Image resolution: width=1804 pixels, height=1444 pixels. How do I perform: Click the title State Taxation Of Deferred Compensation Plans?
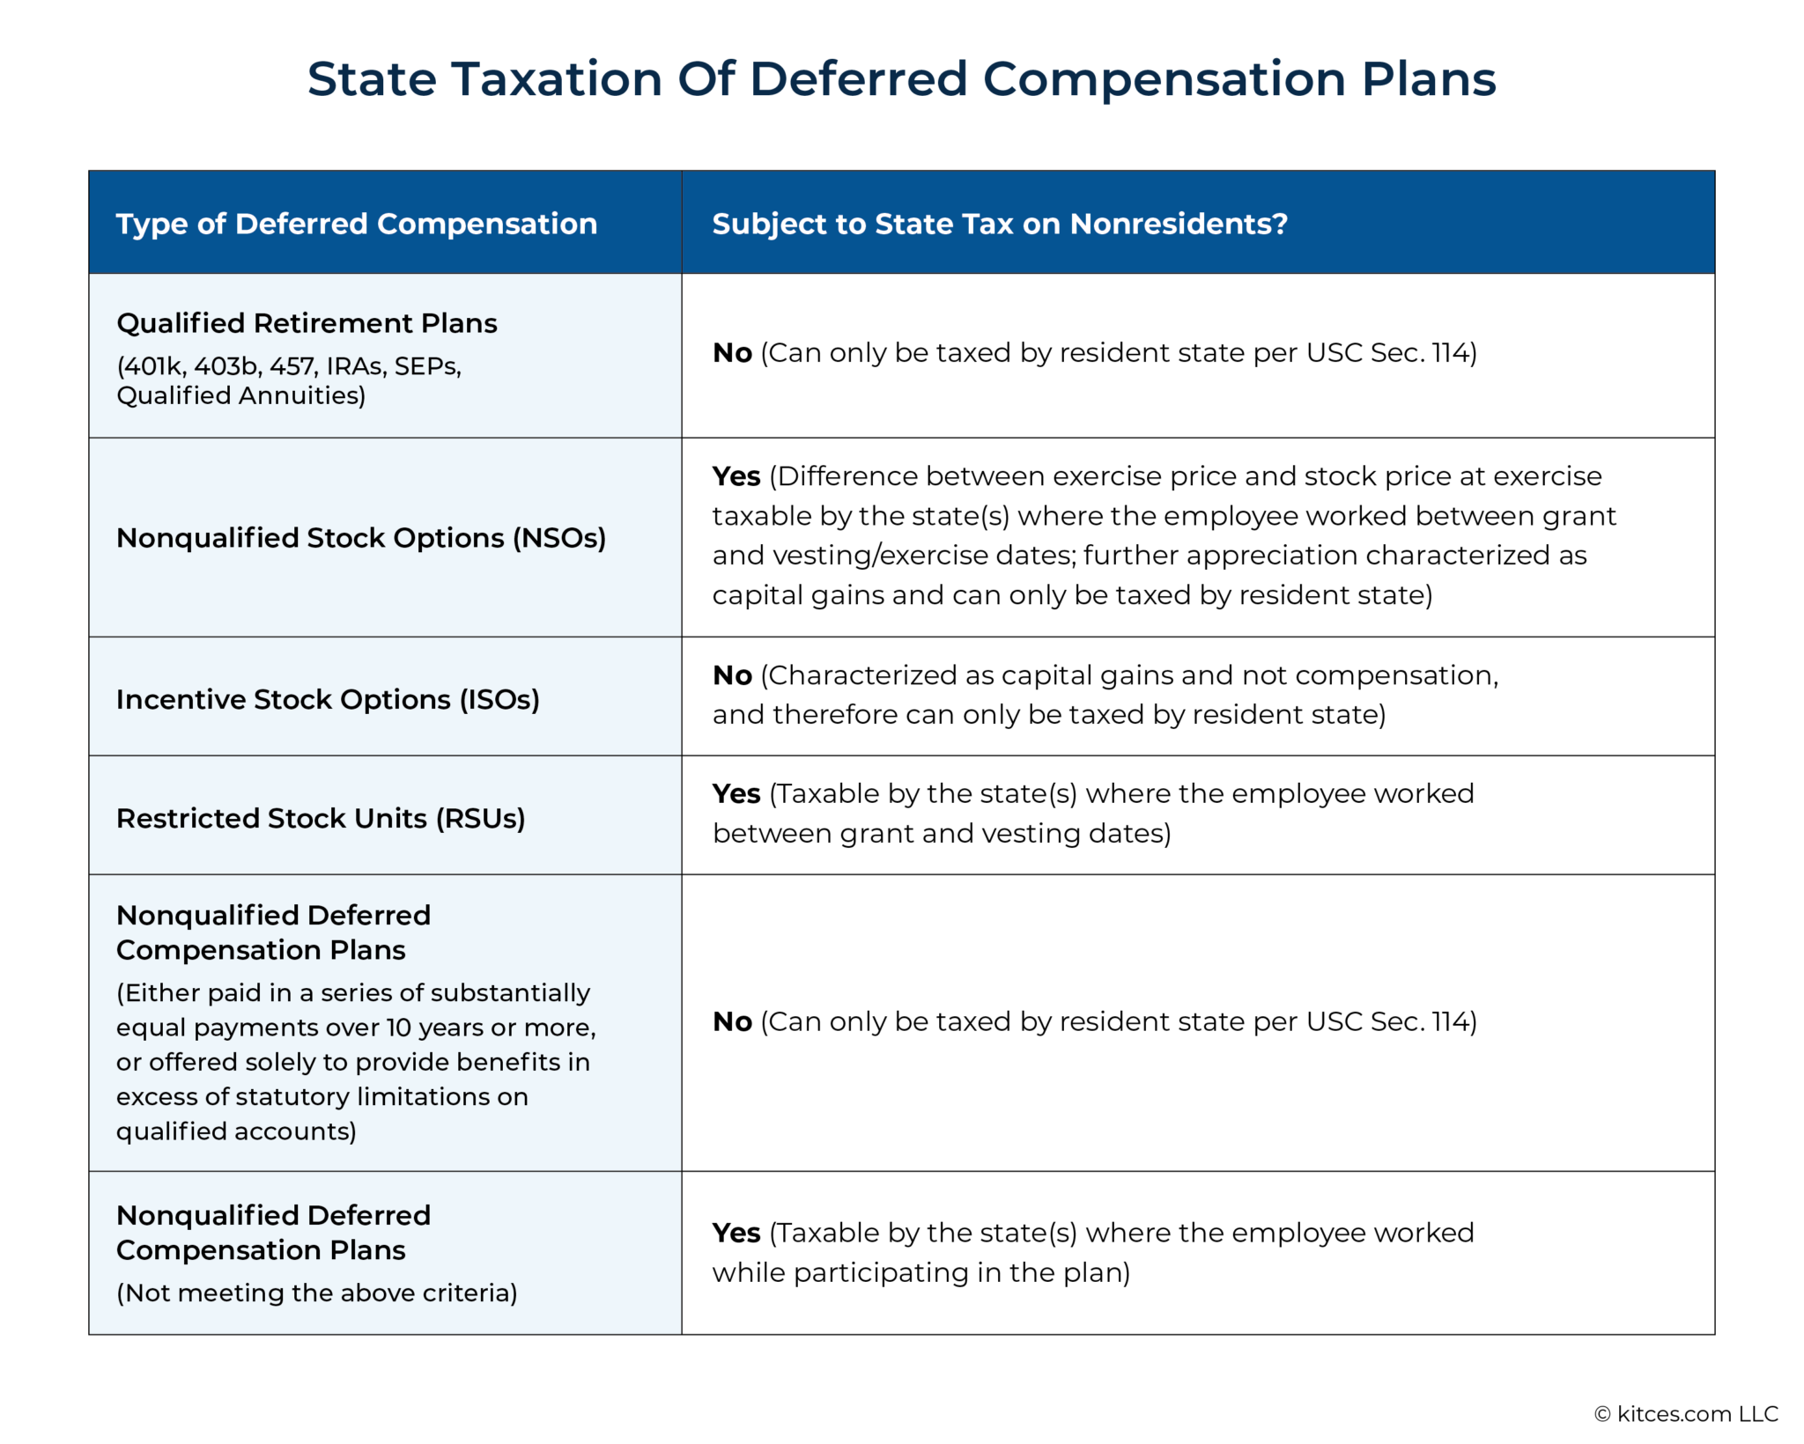pyautogui.click(x=901, y=79)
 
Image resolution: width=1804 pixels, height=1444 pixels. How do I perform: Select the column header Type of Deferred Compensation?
pyautogui.click(x=357, y=224)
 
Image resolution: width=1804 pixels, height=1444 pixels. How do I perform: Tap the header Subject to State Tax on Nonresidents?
pyautogui.click(x=1000, y=224)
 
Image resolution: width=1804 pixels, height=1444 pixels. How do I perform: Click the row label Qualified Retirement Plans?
pyautogui.click(x=307, y=323)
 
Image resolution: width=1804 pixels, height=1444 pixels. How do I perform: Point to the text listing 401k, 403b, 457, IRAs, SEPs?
pyautogui.click(x=289, y=366)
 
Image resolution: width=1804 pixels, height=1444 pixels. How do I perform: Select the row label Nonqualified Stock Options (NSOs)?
pyautogui.click(x=361, y=538)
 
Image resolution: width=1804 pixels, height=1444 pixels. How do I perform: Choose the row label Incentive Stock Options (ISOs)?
pyautogui.click(x=328, y=699)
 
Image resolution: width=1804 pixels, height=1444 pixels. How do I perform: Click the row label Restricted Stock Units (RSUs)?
pyautogui.click(x=321, y=818)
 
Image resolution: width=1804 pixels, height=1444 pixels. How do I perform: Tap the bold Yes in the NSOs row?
pyautogui.click(x=736, y=476)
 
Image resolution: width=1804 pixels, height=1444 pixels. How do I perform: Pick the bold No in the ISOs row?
pyautogui.click(x=732, y=675)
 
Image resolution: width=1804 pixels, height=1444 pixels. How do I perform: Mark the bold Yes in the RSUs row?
pyautogui.click(x=736, y=794)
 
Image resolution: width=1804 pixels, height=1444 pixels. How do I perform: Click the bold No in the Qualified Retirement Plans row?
pyautogui.click(x=732, y=353)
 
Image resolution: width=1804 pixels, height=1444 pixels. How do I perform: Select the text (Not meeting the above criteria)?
pyautogui.click(x=317, y=1293)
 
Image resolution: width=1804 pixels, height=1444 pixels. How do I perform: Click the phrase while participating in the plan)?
pyautogui.click(x=921, y=1273)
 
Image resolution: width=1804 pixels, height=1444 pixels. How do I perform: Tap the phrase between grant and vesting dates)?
pyautogui.click(x=942, y=834)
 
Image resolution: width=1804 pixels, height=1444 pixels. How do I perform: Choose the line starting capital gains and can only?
pyautogui.click(x=1072, y=596)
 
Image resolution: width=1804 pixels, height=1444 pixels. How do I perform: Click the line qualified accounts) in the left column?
pyautogui.click(x=236, y=1131)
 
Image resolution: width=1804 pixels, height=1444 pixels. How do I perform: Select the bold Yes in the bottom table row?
pyautogui.click(x=736, y=1234)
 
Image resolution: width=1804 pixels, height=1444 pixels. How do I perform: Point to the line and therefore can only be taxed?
pyautogui.click(x=1049, y=715)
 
